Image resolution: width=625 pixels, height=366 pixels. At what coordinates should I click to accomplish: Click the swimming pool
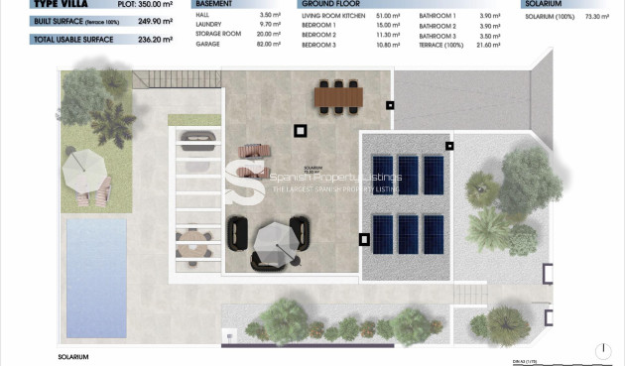pos(97,277)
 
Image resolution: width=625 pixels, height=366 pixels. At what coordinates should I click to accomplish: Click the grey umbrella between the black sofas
pos(272,239)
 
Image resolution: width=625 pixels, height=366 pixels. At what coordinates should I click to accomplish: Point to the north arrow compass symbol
pos(603,350)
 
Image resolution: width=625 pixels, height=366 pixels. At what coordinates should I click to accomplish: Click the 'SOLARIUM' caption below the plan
pos(74,356)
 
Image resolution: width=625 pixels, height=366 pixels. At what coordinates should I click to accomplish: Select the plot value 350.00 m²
pos(155,4)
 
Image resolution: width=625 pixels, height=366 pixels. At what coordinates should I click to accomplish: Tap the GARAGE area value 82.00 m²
pos(270,45)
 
